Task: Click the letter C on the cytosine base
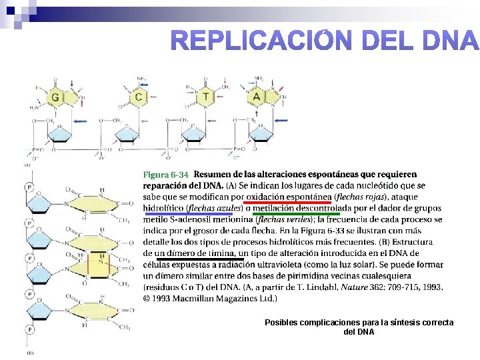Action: (139, 97)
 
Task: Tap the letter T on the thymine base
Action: (206, 97)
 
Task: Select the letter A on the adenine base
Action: (257, 97)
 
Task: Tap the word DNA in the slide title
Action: (451, 41)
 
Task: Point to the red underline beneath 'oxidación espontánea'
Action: (287, 202)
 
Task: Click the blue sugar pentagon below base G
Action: (61, 131)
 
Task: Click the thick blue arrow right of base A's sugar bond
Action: (281, 121)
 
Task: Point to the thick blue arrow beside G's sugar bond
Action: (81, 121)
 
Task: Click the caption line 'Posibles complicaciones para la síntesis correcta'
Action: (359, 323)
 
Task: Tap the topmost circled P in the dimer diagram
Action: (29, 188)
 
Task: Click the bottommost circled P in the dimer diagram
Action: (29, 329)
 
